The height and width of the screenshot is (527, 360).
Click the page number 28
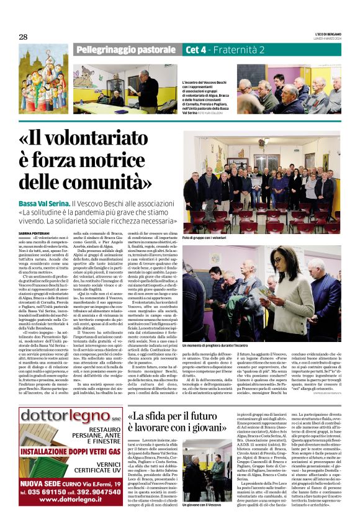(x=23, y=37)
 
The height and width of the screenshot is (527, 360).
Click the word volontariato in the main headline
(x=89, y=140)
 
